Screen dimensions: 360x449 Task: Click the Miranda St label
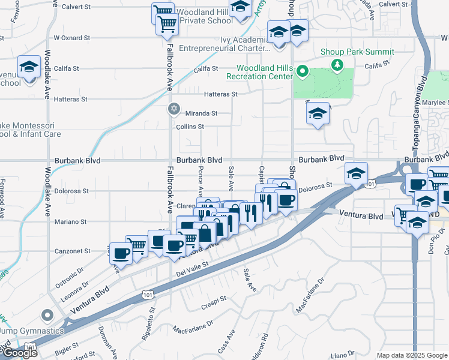coord(201,113)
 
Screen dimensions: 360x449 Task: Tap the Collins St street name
coord(190,127)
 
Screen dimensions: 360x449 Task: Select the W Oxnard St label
coord(71,37)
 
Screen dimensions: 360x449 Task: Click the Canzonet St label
coord(73,251)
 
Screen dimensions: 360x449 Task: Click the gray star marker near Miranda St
coord(174,109)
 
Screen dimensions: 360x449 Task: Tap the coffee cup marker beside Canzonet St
coord(121,253)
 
